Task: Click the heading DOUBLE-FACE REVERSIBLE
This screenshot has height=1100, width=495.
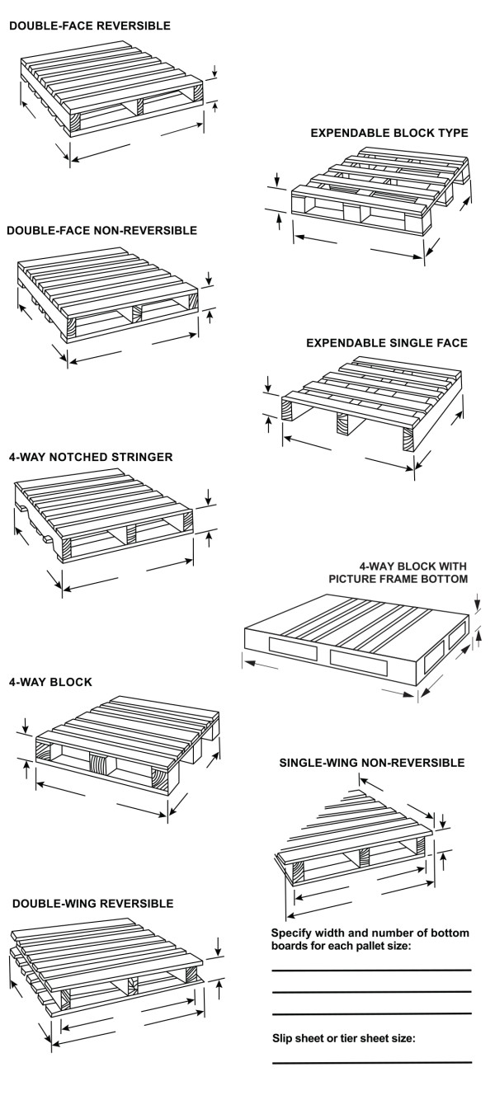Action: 90,26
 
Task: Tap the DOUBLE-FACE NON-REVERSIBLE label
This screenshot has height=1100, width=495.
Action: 101,230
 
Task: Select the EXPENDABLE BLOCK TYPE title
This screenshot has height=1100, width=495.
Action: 389,132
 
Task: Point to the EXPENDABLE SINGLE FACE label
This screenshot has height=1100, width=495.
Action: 387,342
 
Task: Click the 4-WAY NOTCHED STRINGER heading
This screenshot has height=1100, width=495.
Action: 91,456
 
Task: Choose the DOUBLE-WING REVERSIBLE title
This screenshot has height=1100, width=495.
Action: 93,904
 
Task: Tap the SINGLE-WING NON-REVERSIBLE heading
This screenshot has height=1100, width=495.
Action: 372,763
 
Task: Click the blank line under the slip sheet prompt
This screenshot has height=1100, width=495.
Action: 372,1063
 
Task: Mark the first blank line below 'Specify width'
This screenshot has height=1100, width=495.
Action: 372,971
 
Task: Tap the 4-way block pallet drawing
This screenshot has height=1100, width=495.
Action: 124,742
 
